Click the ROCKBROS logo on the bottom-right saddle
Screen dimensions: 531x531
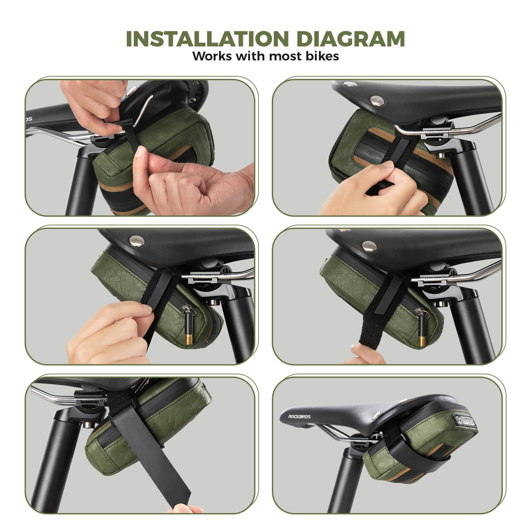299,417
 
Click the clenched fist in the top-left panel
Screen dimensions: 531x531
199,186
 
